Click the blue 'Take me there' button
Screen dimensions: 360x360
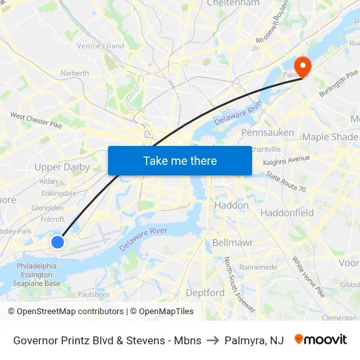pos(179,160)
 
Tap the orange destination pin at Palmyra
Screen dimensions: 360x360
pos(302,66)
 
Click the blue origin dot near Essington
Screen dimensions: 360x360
pos(58,242)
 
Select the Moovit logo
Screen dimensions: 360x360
pos(320,340)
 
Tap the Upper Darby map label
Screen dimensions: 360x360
pos(62,167)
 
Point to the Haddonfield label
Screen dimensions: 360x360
pos(287,213)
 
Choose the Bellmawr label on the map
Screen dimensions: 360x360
pos(228,242)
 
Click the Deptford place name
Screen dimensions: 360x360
pos(205,293)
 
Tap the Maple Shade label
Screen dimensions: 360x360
pos(330,137)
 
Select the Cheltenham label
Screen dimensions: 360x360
pos(233,4)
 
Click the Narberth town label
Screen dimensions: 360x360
pos(75,73)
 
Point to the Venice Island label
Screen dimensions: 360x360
pos(100,46)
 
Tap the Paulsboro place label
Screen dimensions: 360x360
pos(94,294)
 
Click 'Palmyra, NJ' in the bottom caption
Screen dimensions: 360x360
pos(254,340)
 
